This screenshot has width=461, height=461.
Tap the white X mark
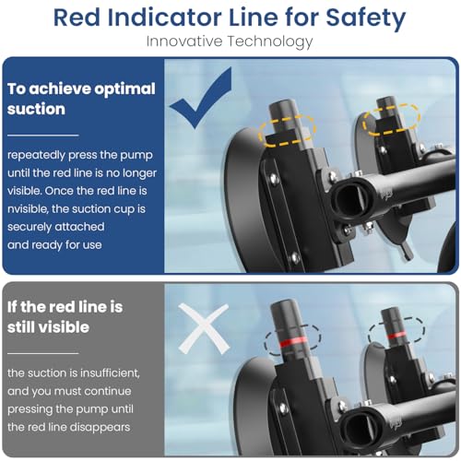204,328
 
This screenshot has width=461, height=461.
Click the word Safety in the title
365,18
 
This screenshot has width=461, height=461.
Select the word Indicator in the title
164,18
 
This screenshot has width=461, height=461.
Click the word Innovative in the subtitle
184,41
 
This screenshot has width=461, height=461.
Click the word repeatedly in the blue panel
36,155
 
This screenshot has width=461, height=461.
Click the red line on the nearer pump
293,342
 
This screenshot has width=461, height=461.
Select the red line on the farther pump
396,335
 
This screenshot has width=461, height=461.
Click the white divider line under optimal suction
43,135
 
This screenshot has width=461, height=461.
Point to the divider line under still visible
43,353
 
